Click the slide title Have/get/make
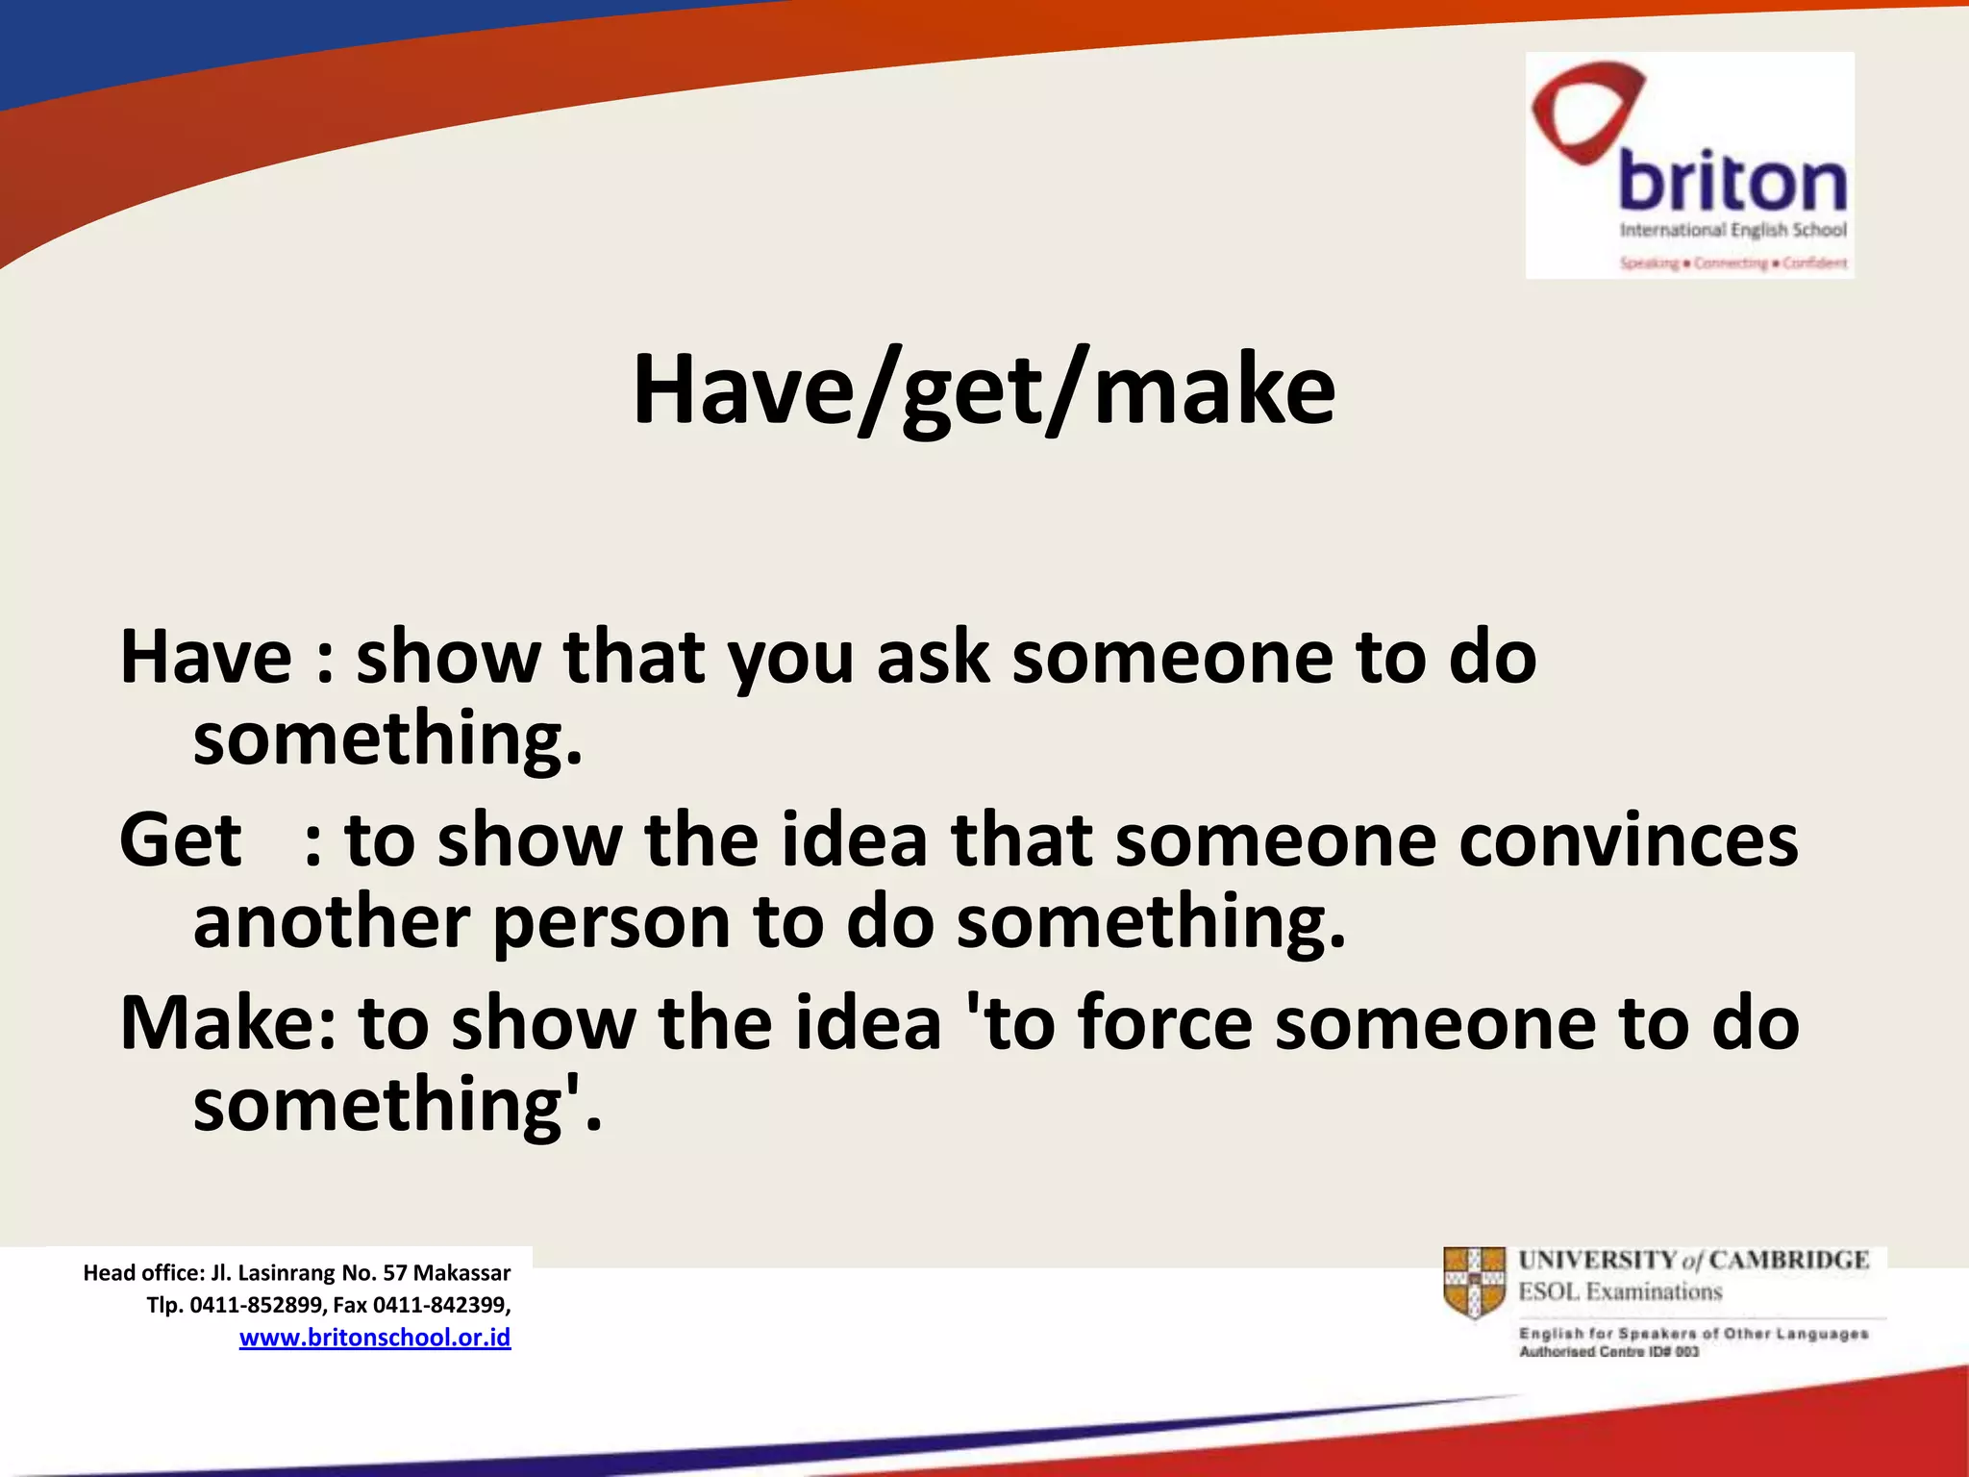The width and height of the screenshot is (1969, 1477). coord(984,389)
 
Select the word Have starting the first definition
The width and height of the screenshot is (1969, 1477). coord(206,657)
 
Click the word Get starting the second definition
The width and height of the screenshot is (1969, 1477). coord(181,839)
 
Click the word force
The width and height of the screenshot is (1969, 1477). coord(1165,1022)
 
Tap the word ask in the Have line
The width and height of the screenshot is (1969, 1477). coord(933,657)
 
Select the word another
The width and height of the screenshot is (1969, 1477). coord(331,921)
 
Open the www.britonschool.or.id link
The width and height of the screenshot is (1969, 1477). coord(375,1338)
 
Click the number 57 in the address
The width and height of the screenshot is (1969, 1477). coord(395,1273)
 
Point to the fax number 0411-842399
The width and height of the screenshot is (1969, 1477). coord(439,1305)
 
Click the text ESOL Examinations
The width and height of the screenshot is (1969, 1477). coord(1620,1291)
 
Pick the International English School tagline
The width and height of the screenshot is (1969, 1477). coord(1732,230)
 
